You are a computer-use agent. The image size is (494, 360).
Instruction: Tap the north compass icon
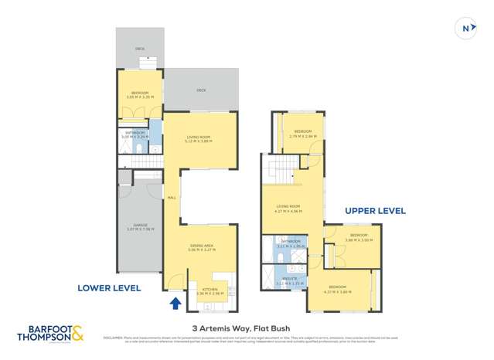466,29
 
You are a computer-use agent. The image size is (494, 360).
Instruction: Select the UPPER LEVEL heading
374,210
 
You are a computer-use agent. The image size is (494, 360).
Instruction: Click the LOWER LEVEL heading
109,287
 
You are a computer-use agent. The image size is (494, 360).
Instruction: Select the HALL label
172,198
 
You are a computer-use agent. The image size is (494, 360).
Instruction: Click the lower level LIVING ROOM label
198,139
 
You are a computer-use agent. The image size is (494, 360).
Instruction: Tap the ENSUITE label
289,280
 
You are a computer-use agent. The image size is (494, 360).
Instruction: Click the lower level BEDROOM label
139,94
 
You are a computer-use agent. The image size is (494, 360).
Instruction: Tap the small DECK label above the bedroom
139,49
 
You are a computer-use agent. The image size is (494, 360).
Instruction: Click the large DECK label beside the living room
201,90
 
